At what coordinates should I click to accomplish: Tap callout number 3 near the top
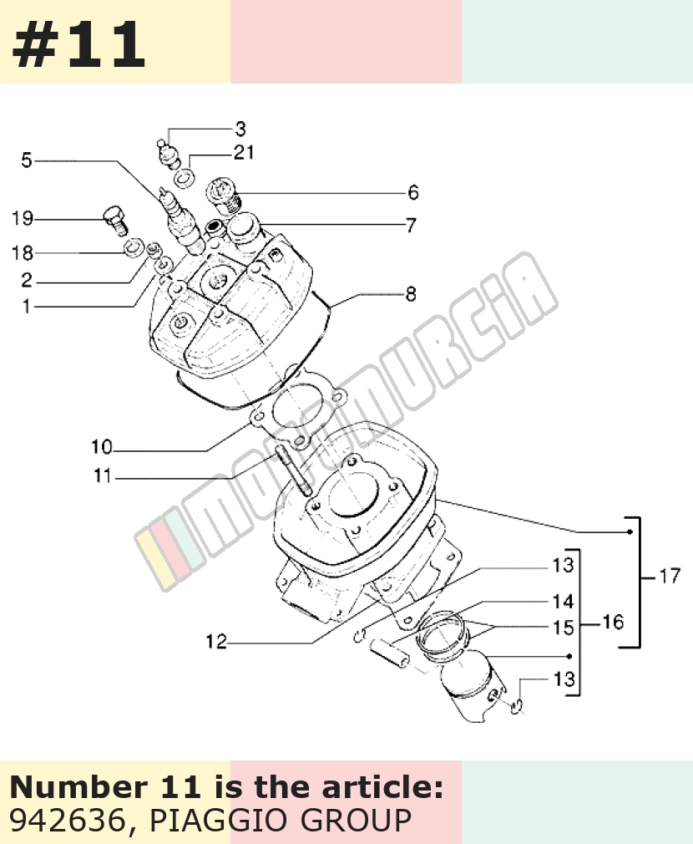(x=240, y=130)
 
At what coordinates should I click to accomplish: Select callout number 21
(x=244, y=152)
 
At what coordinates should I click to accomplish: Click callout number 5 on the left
(x=27, y=160)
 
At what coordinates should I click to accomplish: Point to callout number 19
(x=23, y=219)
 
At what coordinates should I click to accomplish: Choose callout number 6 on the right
(x=413, y=193)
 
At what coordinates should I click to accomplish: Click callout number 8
(x=411, y=294)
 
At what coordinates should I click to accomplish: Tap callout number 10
(x=102, y=447)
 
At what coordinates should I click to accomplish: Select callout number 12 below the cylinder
(x=216, y=642)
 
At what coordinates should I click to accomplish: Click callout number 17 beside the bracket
(x=670, y=576)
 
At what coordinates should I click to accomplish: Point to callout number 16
(x=614, y=623)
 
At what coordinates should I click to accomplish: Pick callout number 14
(x=563, y=601)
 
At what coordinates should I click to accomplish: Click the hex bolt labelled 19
(x=114, y=220)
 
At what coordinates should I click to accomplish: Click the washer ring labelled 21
(x=185, y=178)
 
